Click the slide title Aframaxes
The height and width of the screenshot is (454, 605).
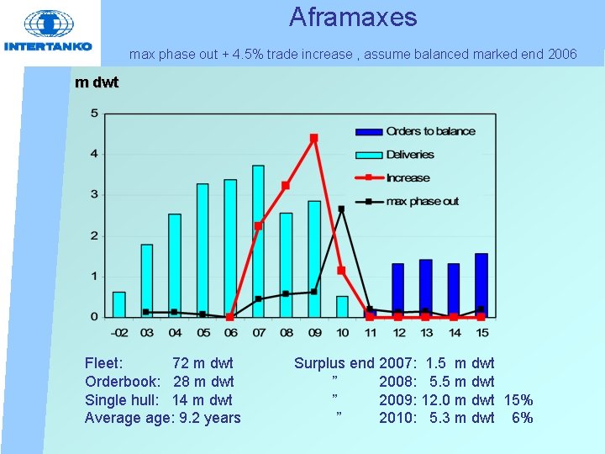coord(353,17)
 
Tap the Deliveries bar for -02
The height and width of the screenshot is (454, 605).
coord(119,304)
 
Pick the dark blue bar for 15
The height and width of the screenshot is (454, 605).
coord(481,285)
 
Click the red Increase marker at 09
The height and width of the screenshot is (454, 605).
coord(313,138)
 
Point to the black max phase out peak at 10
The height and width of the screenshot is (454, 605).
coord(341,209)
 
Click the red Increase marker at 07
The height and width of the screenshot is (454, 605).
coord(258,225)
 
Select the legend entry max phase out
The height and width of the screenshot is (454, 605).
coord(422,201)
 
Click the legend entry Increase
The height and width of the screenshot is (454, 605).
coord(408,177)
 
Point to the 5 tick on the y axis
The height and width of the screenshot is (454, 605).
coord(94,113)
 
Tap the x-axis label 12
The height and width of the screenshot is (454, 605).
coord(397,332)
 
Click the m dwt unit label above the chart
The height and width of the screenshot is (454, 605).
coord(97,82)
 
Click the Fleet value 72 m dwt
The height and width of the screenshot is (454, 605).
coord(203,363)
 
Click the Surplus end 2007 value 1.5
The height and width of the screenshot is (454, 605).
coord(436,363)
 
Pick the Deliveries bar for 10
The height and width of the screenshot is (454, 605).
coord(342,306)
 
